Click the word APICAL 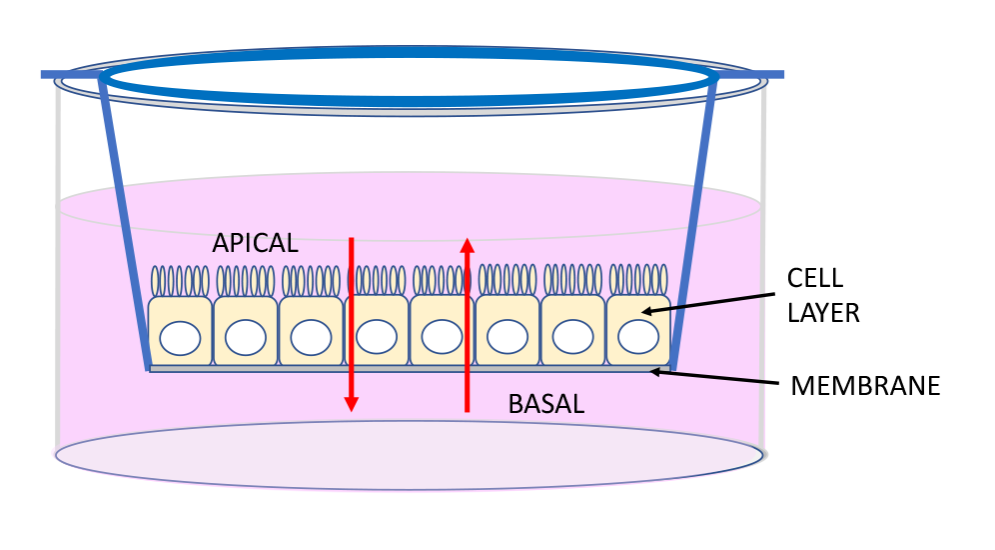[255, 243]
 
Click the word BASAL [545, 405]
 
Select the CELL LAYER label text [823, 295]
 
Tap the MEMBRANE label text [865, 386]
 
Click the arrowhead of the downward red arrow [351, 403]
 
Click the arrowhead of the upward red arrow [467, 245]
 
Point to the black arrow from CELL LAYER [709, 302]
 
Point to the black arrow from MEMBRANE [713, 378]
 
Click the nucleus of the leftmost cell [180, 338]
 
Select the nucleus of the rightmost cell [638, 337]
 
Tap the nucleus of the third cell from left [311, 338]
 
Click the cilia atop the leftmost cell [180, 280]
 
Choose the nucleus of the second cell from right [572, 337]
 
